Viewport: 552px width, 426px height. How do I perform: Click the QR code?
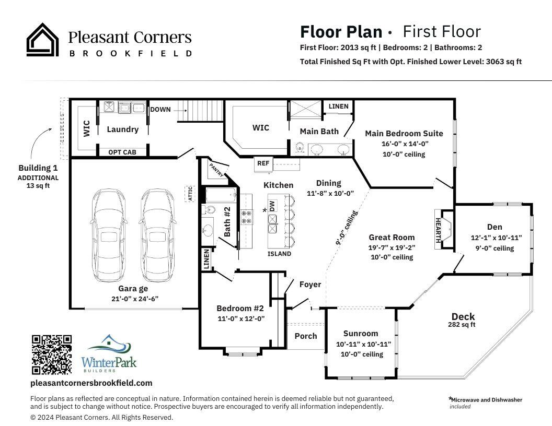click(x=52, y=354)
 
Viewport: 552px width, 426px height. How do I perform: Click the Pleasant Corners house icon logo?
click(x=42, y=40)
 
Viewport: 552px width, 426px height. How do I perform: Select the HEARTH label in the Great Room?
click(x=438, y=229)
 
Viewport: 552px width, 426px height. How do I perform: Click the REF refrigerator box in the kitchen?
click(x=263, y=163)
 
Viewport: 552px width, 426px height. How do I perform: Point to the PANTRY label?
click(x=216, y=170)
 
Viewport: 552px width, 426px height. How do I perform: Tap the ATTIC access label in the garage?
click(x=190, y=194)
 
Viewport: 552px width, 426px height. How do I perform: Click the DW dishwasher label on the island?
click(x=272, y=206)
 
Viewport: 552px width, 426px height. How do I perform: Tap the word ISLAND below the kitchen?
click(x=279, y=254)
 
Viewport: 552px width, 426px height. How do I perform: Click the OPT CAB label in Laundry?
click(x=122, y=152)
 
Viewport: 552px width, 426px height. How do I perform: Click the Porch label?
click(x=306, y=336)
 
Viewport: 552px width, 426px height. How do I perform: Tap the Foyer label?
click(x=310, y=285)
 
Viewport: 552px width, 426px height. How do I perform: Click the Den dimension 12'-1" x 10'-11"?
click(x=496, y=238)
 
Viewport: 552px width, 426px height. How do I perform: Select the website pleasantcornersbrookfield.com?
click(x=91, y=383)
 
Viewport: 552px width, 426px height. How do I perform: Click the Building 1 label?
click(x=38, y=168)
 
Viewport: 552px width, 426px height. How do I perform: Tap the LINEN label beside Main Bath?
click(x=338, y=106)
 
